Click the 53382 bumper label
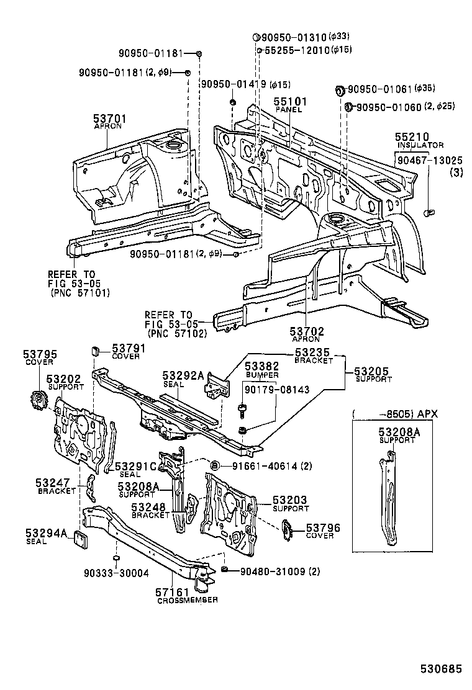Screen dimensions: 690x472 (x=261, y=367)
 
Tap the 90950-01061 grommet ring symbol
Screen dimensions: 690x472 (x=340, y=91)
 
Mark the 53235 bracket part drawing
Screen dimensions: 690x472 (x=217, y=383)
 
